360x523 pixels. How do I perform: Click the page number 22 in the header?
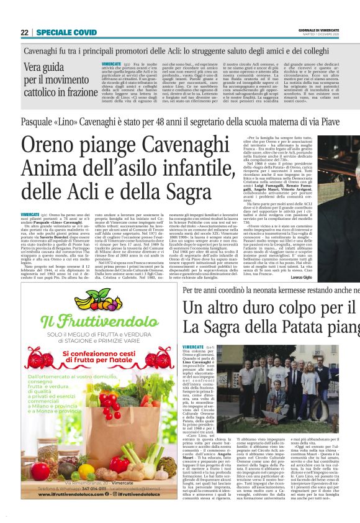pos(24,32)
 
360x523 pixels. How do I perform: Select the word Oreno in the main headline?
pos(51,147)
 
